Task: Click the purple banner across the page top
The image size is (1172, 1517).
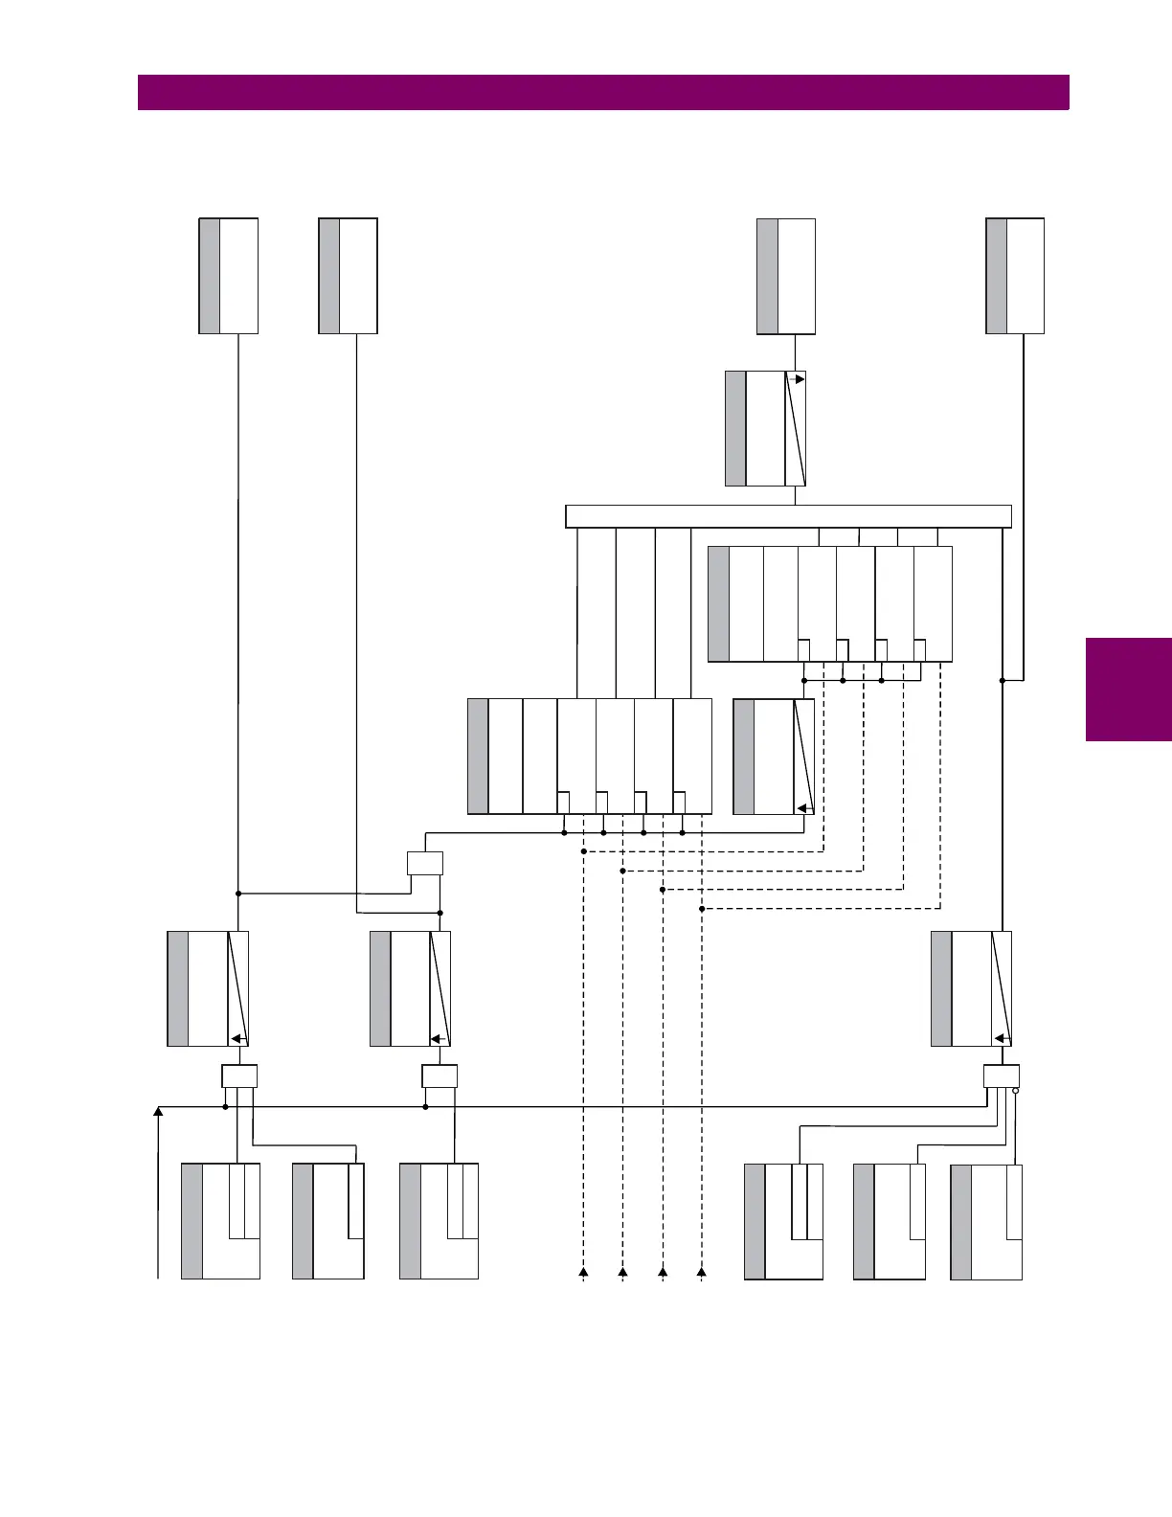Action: pyautogui.click(x=603, y=93)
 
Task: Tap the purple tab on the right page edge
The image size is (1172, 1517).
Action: pyautogui.click(x=1128, y=689)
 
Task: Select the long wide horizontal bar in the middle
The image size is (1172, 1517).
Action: pyautogui.click(x=788, y=516)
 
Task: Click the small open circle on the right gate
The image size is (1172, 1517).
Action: pyautogui.click(x=1016, y=1091)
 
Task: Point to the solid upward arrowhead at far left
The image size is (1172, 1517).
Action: pyautogui.click(x=158, y=1112)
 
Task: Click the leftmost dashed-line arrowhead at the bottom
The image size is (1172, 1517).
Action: pyautogui.click(x=583, y=1272)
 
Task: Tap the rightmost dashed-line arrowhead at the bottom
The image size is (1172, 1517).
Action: pyautogui.click(x=702, y=1272)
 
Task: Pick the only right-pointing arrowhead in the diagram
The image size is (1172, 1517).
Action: pyautogui.click(x=800, y=379)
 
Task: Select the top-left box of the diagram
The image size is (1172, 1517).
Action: pyautogui.click(x=228, y=276)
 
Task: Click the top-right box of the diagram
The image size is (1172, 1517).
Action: pyautogui.click(x=1015, y=276)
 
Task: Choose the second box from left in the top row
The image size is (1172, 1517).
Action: pyautogui.click(x=348, y=276)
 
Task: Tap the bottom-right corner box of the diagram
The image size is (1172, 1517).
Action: pyautogui.click(x=986, y=1222)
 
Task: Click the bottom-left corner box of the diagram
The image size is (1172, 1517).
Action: pyautogui.click(x=220, y=1221)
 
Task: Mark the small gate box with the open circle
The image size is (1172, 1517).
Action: pyautogui.click(x=1001, y=1076)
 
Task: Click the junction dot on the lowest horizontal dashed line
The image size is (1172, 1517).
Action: pyautogui.click(x=702, y=909)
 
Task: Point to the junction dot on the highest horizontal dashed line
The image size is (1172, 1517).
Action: pyautogui.click(x=583, y=851)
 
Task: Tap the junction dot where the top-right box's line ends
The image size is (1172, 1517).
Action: pyautogui.click(x=1002, y=680)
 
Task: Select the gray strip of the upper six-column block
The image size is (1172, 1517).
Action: pyautogui.click(x=718, y=603)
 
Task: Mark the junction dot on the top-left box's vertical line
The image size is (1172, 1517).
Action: pyautogui.click(x=238, y=894)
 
